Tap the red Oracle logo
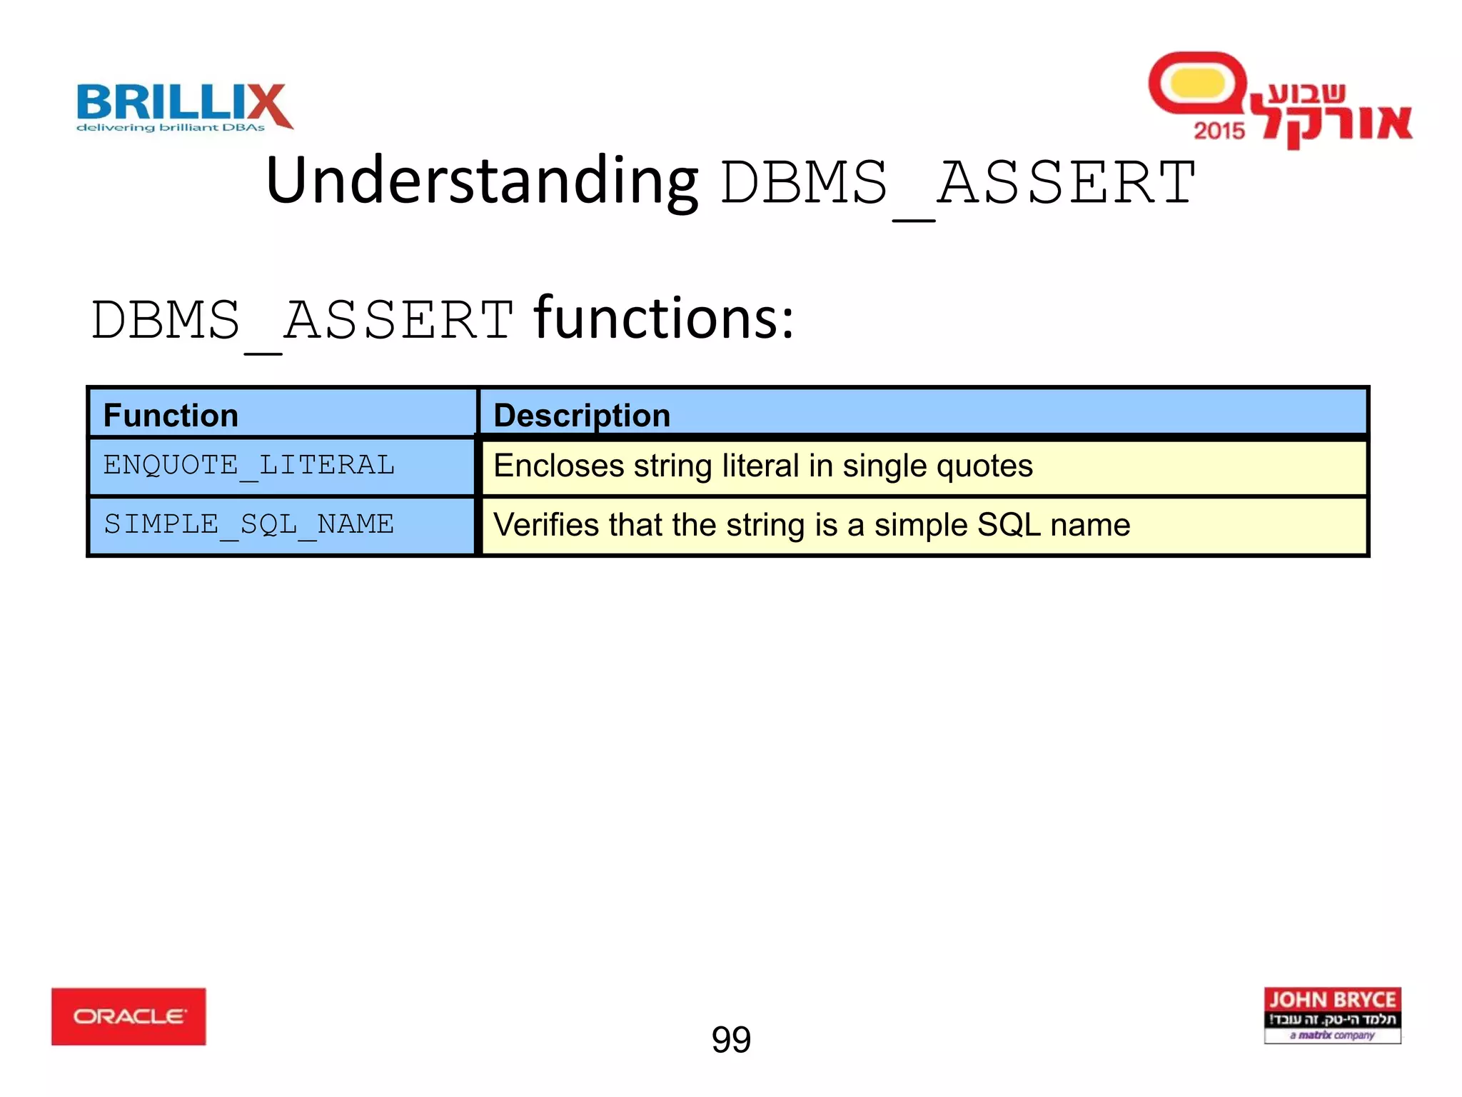128,1016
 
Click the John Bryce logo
1332,1015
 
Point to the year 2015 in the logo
1219,131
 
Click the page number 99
731,1039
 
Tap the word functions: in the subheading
664,319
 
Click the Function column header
171,415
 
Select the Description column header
582,415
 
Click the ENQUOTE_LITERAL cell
248,466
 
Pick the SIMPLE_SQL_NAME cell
248,525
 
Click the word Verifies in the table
546,525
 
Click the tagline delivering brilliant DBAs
171,128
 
